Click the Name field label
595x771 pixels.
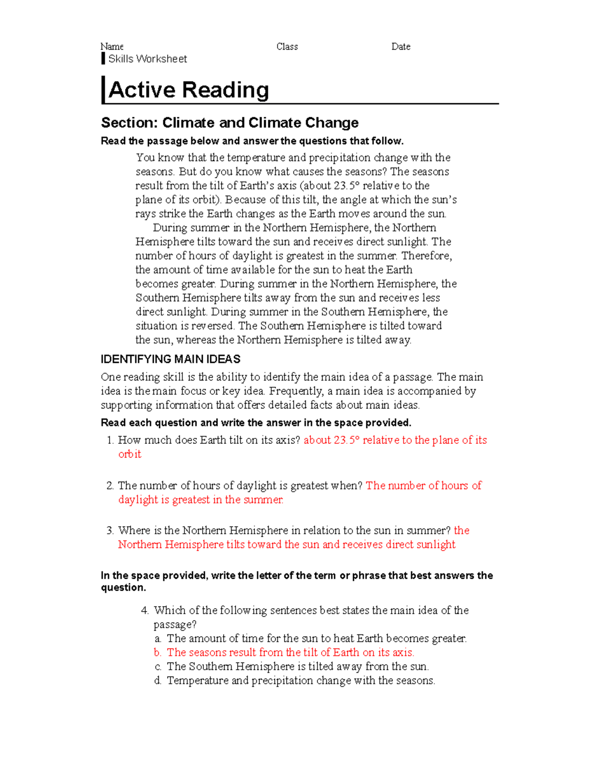coord(112,47)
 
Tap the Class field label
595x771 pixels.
coord(287,47)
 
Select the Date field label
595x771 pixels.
coord(401,47)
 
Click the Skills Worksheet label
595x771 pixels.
coord(147,59)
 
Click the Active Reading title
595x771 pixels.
coord(189,90)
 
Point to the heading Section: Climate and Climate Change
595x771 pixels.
coord(230,123)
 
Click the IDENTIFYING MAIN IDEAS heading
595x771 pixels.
coord(171,359)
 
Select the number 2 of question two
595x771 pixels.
coord(110,486)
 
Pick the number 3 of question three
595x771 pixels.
coord(110,531)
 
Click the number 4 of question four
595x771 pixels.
coord(145,611)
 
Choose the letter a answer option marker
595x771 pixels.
coord(158,639)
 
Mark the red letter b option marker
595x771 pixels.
coord(158,652)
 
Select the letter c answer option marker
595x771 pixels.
coord(158,667)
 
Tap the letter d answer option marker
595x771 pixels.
coord(158,681)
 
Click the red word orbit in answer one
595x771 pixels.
coord(129,454)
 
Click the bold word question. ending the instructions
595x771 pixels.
coord(123,588)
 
